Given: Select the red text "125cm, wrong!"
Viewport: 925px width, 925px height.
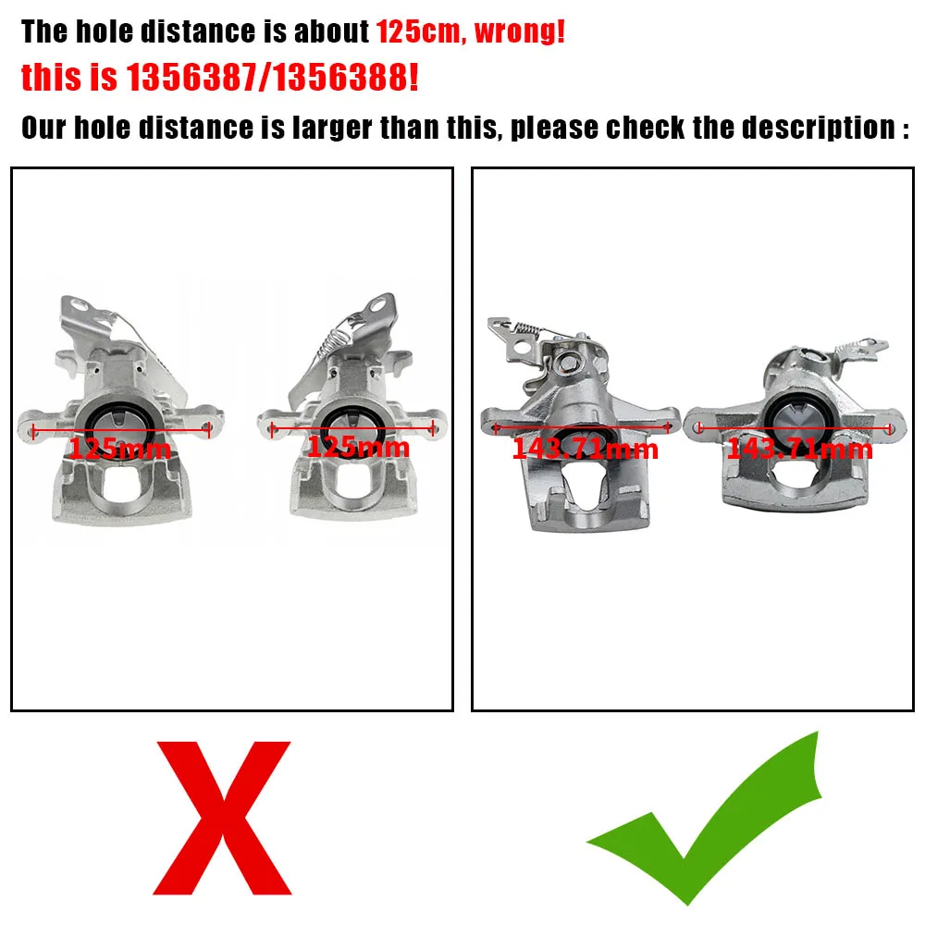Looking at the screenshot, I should [470, 32].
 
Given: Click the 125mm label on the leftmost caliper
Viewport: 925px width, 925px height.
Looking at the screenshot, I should [120, 450].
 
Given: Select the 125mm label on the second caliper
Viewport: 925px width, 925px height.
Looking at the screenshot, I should [358, 448].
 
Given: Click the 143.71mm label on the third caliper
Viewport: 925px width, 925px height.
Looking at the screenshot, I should [585, 450].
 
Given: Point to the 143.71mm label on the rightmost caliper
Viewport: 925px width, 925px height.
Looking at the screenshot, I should [799, 450].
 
